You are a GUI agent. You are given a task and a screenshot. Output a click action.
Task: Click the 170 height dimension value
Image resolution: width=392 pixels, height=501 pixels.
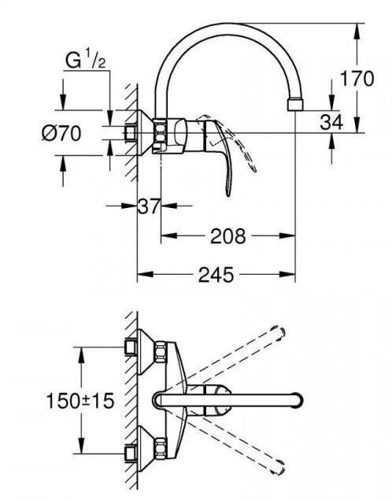pos(357,79)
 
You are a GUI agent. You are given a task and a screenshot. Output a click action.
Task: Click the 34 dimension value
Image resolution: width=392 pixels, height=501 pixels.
pos(331,122)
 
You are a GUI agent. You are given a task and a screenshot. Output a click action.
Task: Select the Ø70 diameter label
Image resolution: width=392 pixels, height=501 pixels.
pos(61,133)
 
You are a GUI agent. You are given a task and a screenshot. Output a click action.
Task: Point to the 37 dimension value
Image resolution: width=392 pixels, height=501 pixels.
pos(149,206)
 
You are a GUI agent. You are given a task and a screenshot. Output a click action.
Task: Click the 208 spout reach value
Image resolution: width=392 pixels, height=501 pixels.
pos(228,236)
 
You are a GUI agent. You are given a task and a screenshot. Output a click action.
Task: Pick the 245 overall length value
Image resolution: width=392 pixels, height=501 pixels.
pos(216,274)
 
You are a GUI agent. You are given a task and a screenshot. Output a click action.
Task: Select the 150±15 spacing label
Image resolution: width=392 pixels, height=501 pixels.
pos(80,400)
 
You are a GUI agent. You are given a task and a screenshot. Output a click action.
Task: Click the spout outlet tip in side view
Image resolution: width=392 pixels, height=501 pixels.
pos(294,105)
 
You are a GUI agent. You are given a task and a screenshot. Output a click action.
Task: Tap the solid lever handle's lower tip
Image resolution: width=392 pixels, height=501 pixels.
pos(228,194)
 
